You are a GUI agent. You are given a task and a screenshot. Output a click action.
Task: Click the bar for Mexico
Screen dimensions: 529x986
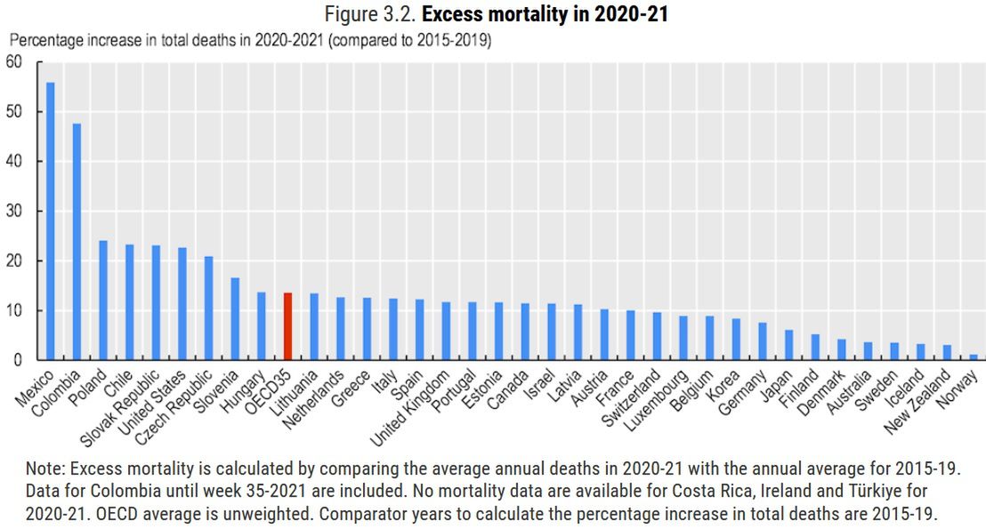coord(51,221)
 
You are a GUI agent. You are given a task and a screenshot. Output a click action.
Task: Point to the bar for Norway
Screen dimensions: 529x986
coord(974,357)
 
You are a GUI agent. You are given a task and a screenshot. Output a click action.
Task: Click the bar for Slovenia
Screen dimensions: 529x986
coord(235,319)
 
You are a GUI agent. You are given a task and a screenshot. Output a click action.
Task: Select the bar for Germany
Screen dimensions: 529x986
coord(763,341)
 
